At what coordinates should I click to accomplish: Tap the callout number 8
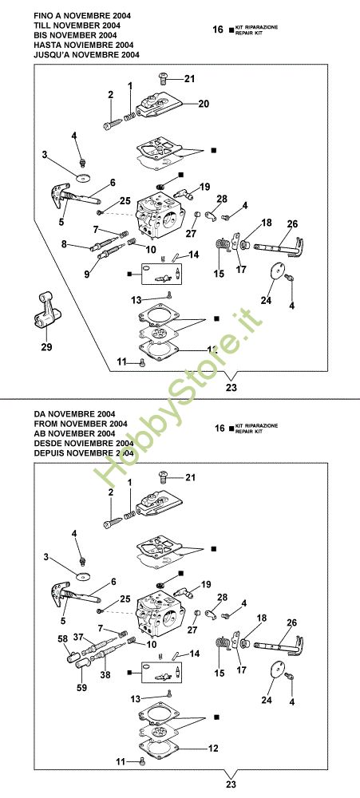pyautogui.click(x=64, y=244)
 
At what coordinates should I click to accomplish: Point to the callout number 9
pyautogui.click(x=87, y=275)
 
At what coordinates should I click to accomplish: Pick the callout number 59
pyautogui.click(x=82, y=688)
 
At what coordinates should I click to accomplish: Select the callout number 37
pyautogui.click(x=78, y=637)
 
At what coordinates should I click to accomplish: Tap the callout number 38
pyautogui.click(x=105, y=676)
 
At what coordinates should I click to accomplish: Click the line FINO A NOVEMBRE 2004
pyautogui.click(x=81, y=16)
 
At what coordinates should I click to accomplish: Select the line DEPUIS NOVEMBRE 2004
pyautogui.click(x=83, y=452)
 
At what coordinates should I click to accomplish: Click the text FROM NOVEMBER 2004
pyautogui.click(x=80, y=424)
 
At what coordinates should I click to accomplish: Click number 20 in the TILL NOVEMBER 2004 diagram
pyautogui.click(x=204, y=104)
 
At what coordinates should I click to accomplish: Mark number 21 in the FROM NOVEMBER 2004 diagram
pyautogui.click(x=190, y=477)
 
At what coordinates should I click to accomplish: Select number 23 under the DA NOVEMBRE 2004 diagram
pyautogui.click(x=231, y=784)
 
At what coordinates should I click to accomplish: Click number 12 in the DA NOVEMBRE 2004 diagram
pyautogui.click(x=213, y=749)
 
